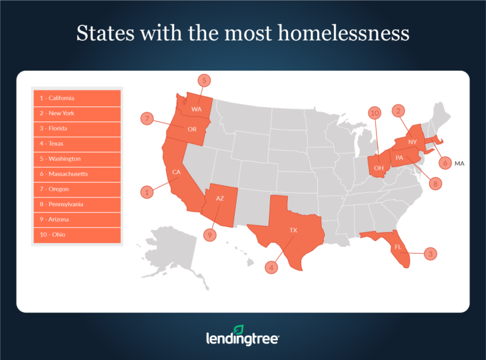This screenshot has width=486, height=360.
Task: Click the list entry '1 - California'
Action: [77, 98]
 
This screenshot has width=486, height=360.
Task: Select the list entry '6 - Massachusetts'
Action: [77, 174]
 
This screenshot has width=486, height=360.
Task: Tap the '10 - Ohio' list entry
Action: [77, 235]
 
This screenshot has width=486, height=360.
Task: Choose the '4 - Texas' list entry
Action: [77, 144]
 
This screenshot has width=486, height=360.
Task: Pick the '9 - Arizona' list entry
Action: [77, 220]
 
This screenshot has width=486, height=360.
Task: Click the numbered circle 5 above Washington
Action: [204, 80]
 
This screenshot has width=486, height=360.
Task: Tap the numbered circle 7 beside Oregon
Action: [147, 118]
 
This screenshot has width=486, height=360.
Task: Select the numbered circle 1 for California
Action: [147, 191]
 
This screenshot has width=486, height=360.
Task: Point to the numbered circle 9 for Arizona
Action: [210, 234]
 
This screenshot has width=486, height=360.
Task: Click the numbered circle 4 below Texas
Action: [272, 268]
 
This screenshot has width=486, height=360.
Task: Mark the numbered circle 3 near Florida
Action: [430, 254]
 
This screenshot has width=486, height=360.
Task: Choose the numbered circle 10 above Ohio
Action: [375, 113]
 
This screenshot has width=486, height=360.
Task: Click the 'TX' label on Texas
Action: [293, 230]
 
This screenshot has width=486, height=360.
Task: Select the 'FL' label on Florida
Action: [398, 247]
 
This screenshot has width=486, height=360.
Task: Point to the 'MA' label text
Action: [459, 163]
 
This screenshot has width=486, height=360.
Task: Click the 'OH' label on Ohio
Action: [378, 168]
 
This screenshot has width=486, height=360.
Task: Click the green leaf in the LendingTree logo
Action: [239, 330]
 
